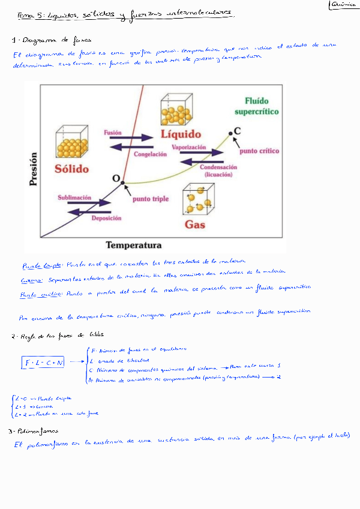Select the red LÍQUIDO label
coord(185,134)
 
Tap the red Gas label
coord(194,224)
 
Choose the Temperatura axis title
coord(134,245)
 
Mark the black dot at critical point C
coord(230,133)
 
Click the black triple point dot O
coord(122,182)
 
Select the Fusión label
coord(113,132)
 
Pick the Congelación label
coord(150,154)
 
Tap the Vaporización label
coord(189,147)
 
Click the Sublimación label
coord(74,197)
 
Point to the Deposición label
coord(107,218)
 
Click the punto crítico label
coord(260,151)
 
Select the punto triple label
coord(150,199)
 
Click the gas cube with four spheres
coord(199,199)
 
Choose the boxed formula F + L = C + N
coord(44,363)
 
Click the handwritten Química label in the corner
coord(344,5)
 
